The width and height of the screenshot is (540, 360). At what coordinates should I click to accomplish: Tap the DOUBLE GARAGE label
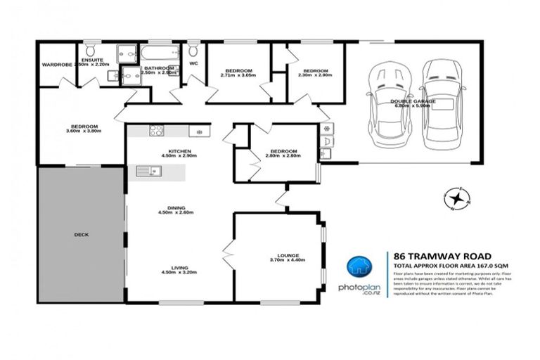413,102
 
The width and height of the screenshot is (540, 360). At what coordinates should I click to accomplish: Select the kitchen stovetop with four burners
156,131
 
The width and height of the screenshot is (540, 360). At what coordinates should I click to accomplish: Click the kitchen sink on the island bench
148,169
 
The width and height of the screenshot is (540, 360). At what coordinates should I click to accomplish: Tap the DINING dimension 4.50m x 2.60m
176,212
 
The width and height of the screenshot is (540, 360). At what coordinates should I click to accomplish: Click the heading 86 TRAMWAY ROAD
428,256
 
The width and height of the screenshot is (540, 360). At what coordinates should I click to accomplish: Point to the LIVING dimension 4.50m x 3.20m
176,272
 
